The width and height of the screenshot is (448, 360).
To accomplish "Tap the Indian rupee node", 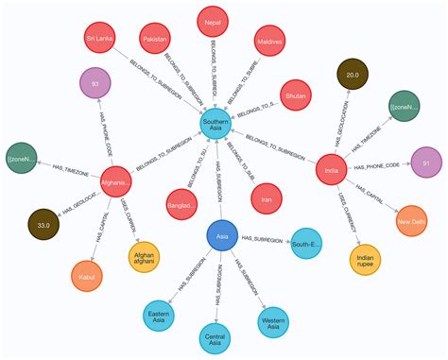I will (x=367, y=260).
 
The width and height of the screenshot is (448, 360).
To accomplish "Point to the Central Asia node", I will (x=217, y=337).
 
